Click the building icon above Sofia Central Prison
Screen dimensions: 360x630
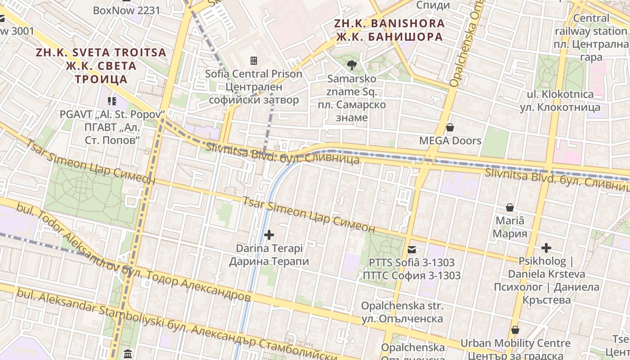(x=254, y=60)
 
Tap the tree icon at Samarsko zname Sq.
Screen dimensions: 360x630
(x=351, y=66)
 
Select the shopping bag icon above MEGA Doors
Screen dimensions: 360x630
(x=450, y=127)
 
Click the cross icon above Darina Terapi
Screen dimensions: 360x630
(x=269, y=235)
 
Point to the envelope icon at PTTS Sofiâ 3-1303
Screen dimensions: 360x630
(x=412, y=250)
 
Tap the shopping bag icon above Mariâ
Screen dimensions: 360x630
(x=510, y=207)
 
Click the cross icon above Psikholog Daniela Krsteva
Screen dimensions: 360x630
(x=546, y=248)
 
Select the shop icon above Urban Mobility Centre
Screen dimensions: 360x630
(x=515, y=330)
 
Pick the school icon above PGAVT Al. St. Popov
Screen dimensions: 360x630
(x=112, y=101)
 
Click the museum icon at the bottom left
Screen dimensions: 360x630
(x=127, y=353)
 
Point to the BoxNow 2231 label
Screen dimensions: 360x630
(x=126, y=10)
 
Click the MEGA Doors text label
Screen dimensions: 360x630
(x=450, y=141)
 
